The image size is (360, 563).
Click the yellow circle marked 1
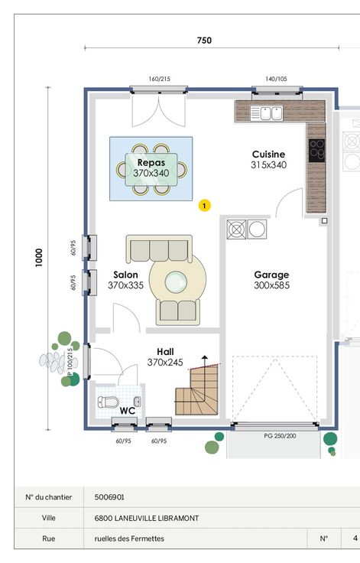[205, 206]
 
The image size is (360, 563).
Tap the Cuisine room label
[268, 155]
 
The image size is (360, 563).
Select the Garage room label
[271, 275]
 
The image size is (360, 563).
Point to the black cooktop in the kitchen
[316, 150]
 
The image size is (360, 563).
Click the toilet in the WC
[108, 402]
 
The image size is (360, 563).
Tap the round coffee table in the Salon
[176, 281]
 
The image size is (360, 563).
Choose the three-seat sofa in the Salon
[159, 249]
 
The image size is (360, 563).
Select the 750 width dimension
[204, 41]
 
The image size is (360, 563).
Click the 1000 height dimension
[39, 258]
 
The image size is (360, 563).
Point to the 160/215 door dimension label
[159, 79]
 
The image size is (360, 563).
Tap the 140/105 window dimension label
[277, 79]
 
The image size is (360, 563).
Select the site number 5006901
[109, 497]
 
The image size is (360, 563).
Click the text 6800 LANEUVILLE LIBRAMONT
[147, 519]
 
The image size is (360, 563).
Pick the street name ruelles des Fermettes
[129, 539]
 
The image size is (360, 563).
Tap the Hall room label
[165, 352]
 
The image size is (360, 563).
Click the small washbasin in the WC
[137, 402]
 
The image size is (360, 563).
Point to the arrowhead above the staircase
[205, 357]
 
